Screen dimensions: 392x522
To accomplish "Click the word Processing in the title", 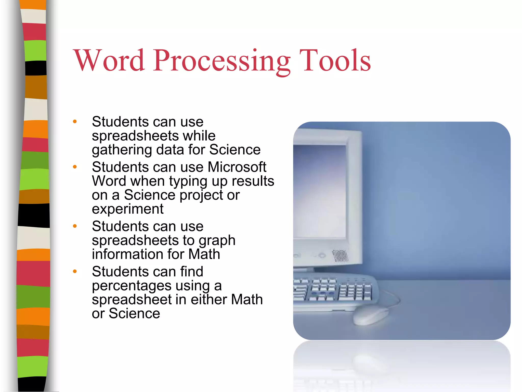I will coord(222,61).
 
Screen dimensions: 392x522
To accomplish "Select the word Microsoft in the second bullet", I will coord(237,167).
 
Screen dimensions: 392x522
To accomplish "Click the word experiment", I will coord(128,209).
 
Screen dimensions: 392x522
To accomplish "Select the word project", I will coord(201,195).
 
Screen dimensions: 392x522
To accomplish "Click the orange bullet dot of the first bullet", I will coord(75,121).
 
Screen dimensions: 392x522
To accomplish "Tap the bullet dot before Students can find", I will coord(75,271).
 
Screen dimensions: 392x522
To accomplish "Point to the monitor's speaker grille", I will coord(340,255).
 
